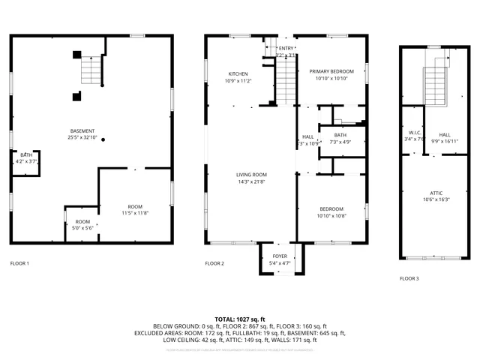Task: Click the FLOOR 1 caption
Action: click(19, 263)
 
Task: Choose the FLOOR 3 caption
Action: click(409, 278)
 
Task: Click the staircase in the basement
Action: click(91, 70)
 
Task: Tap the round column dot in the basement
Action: click(103, 139)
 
